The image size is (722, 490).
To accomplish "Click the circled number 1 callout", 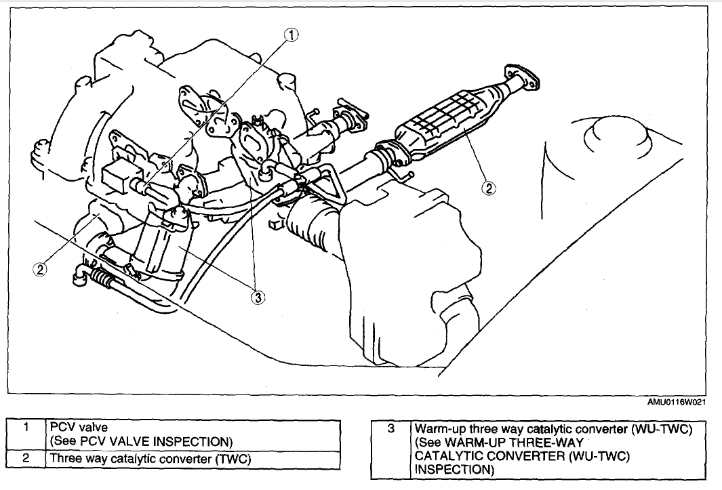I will click(x=291, y=35).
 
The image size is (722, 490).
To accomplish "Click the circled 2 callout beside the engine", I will click(x=40, y=269).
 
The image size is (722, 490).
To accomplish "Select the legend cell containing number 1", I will click(x=25, y=427).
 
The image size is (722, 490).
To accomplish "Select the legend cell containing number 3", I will click(x=390, y=428).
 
